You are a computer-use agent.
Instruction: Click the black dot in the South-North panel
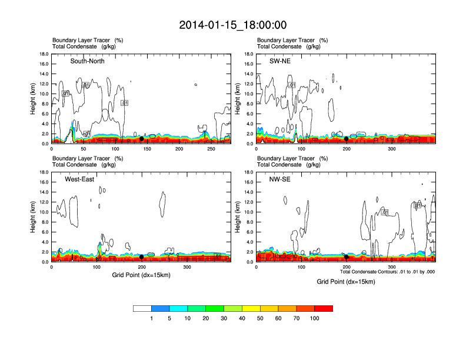[141, 139]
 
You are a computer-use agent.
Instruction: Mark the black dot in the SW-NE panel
[346, 139]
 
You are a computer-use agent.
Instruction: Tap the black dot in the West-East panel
[141, 256]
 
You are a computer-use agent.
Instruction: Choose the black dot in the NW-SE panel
[346, 256]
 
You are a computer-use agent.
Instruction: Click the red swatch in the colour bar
[324, 308]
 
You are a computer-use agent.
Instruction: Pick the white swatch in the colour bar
[142, 308]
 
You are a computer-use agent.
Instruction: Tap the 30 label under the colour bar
[224, 318]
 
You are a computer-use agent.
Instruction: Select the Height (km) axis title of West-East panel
[34, 216]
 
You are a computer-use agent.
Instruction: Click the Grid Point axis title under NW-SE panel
[345, 282]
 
